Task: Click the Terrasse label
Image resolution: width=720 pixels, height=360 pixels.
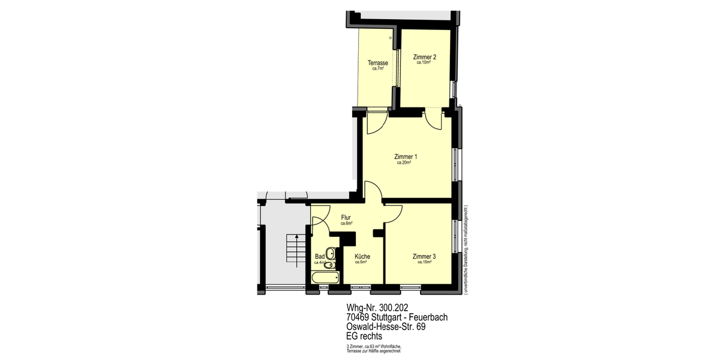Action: pos(377,63)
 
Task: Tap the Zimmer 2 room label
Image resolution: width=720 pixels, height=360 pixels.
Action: pos(424,57)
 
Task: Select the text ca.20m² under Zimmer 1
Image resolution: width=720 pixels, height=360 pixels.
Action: pos(406,163)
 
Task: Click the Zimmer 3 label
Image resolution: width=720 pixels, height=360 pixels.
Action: pos(424,256)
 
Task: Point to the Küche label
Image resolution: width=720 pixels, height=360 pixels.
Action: pos(362,256)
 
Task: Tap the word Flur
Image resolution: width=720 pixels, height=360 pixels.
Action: pos(346,217)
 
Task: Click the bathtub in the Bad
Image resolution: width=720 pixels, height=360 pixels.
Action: pos(325,277)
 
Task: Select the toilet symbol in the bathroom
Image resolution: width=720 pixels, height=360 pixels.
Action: pos(328,265)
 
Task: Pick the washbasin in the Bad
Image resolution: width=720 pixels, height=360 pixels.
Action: pos(329,253)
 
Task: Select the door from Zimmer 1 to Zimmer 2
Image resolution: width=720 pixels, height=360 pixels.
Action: pos(433,120)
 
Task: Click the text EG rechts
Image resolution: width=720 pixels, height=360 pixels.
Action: pos(364,337)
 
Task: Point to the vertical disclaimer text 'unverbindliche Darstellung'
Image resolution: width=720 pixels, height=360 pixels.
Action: pos(466,249)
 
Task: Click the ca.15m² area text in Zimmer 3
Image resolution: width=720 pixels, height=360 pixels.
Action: pos(424,262)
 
